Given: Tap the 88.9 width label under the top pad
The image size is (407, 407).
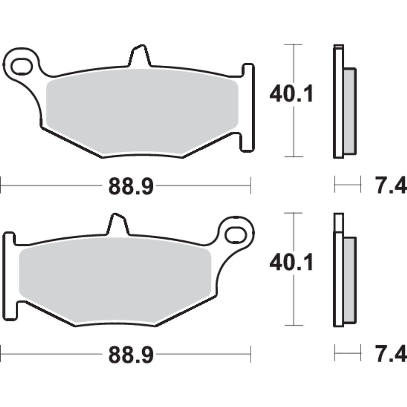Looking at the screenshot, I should tap(131, 186).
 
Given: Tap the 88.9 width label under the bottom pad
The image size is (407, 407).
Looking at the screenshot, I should tap(131, 355).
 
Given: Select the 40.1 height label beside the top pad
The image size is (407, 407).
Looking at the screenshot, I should tap(291, 94).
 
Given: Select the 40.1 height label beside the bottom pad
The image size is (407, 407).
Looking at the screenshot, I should tap(291, 262).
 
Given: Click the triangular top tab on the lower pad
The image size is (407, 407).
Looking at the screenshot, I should tap(117, 225).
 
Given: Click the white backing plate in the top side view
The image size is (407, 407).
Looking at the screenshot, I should tap(338, 104).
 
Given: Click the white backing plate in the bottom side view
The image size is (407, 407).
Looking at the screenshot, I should tap(338, 278).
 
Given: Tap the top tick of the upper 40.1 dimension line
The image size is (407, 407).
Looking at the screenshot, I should tap(293, 45).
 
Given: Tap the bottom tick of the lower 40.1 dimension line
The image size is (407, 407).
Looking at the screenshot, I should tap(293, 325).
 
